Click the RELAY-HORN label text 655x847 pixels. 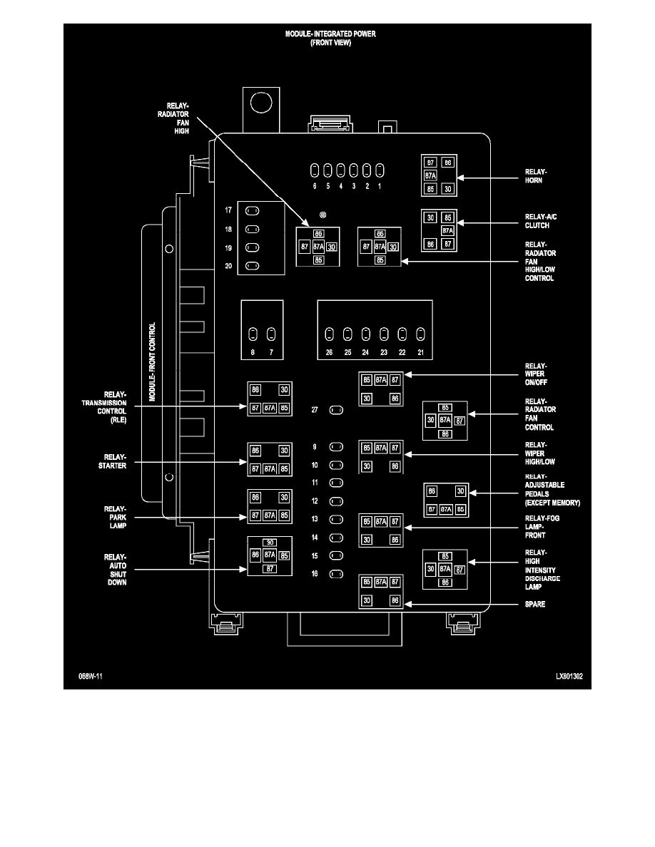[535, 176]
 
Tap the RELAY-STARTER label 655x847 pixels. [114, 461]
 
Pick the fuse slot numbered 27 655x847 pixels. [337, 411]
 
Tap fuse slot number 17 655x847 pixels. [253, 211]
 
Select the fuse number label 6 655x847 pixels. [315, 187]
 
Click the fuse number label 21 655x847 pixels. [420, 354]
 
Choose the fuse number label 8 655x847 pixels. [253, 354]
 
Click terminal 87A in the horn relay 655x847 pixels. [431, 175]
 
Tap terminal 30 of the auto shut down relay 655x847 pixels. [269, 543]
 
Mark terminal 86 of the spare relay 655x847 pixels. [395, 601]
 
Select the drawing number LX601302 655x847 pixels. [570, 676]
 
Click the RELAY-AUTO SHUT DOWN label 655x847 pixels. [115, 569]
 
